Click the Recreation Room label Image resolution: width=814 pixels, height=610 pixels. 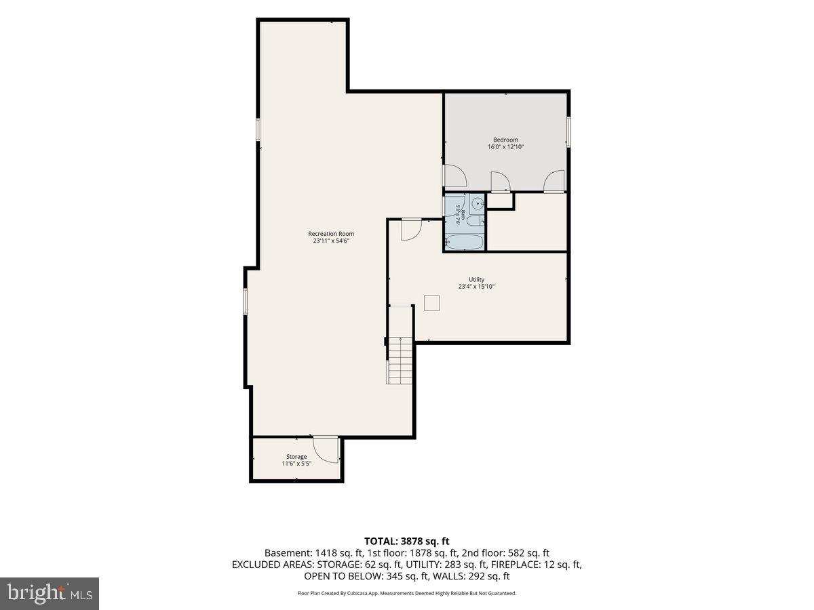click(331, 234)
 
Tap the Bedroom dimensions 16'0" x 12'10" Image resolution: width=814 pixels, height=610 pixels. click(505, 146)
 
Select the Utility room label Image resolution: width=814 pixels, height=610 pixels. click(477, 280)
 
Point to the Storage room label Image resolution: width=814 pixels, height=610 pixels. click(296, 457)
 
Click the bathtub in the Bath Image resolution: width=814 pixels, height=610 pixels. click(464, 243)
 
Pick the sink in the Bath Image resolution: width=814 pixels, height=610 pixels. click(478, 204)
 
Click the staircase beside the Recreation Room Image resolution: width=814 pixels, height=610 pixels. click(400, 360)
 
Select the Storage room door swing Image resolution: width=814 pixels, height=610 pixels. click(326, 449)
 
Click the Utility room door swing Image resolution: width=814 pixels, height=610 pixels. click(412, 230)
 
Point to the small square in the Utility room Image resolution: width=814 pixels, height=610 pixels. click(431, 302)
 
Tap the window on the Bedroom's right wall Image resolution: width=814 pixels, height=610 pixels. click(568, 131)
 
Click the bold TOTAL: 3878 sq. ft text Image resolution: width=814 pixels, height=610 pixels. click(407, 541)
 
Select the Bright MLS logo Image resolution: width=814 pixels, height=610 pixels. click(50, 594)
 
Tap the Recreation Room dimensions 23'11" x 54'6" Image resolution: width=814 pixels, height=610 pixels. click(331, 241)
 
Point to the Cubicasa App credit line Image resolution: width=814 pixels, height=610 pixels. click(407, 593)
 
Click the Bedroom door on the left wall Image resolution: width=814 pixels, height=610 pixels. click(455, 176)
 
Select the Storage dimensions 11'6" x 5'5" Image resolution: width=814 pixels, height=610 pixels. click(296, 464)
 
